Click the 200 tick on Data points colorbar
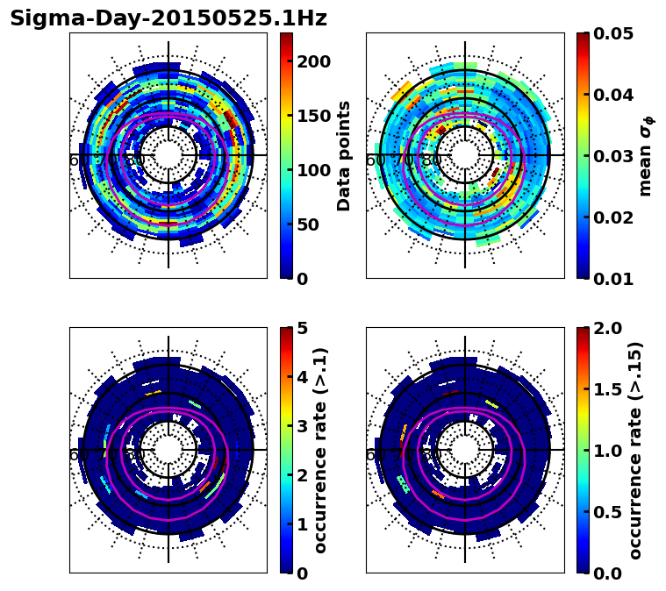click(313, 61)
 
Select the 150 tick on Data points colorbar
click(313, 116)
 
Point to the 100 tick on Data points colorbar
click(313, 170)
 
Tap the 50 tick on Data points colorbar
click(307, 224)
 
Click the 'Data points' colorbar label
click(344, 156)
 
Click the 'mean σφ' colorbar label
click(646, 156)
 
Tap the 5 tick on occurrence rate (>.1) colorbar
click(302, 328)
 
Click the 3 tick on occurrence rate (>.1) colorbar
click(302, 426)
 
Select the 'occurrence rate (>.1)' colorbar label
click(321, 451)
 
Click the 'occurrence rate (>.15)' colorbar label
click(636, 451)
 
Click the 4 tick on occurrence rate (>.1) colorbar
click(302, 377)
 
